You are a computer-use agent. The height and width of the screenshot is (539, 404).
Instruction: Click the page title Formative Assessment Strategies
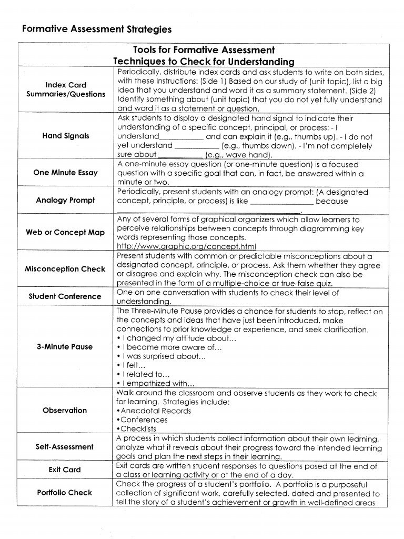pos(97,29)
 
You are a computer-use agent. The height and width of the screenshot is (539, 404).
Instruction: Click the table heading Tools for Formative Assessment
pos(204,50)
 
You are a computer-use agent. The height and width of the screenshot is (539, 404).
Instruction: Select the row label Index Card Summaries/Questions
pos(66,89)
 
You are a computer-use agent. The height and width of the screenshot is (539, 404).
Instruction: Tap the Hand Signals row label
pos(66,136)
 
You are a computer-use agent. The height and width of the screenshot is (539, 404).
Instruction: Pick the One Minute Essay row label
pos(65,173)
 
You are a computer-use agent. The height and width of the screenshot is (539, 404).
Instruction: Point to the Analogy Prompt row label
pos(65,200)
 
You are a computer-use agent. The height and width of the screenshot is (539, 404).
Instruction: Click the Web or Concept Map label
pos(65,232)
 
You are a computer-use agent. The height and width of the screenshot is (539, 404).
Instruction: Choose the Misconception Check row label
pos(65,269)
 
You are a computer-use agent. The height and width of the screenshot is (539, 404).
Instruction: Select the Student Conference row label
pos(65,296)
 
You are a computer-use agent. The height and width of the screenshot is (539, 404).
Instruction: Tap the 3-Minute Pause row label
pos(65,347)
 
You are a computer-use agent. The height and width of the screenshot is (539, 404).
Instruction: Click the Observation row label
pos(65,410)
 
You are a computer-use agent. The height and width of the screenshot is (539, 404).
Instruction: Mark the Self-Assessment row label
pos(65,446)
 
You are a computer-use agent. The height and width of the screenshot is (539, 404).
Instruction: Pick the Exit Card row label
pos(65,470)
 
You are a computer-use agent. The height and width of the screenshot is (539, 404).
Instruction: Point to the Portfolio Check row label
pos(65,493)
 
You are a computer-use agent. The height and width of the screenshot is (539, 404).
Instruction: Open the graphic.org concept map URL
pos(186,246)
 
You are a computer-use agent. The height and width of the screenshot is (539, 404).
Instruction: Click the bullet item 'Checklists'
pos(138,429)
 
